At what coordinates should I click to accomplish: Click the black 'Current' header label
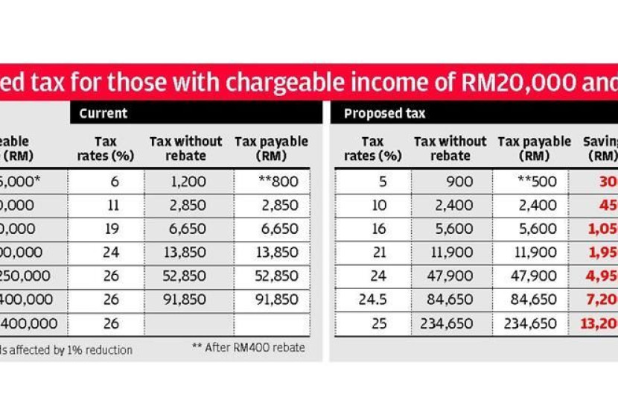click(103, 114)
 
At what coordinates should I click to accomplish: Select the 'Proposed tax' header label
click(383, 114)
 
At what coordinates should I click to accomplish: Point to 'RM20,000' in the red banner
click(512, 82)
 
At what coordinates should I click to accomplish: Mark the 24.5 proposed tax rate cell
click(371, 300)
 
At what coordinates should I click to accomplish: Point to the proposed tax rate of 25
click(372, 324)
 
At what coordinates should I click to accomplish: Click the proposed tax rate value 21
click(372, 253)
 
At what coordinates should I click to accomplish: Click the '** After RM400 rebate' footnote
click(248, 348)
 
